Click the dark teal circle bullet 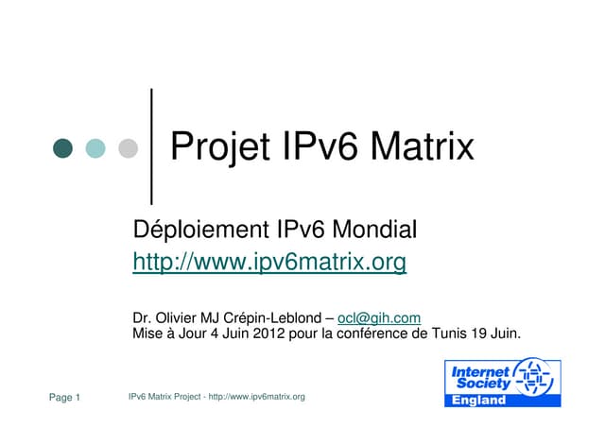pos(62,148)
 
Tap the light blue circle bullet pos(95,148)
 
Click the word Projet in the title pos(218,147)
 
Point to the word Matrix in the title pos(422,147)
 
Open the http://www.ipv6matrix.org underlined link pos(269,261)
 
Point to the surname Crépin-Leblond pos(270,318)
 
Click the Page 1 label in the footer pos(64,397)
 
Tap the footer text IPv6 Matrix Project pos(165,397)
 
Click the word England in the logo pos(479,400)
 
